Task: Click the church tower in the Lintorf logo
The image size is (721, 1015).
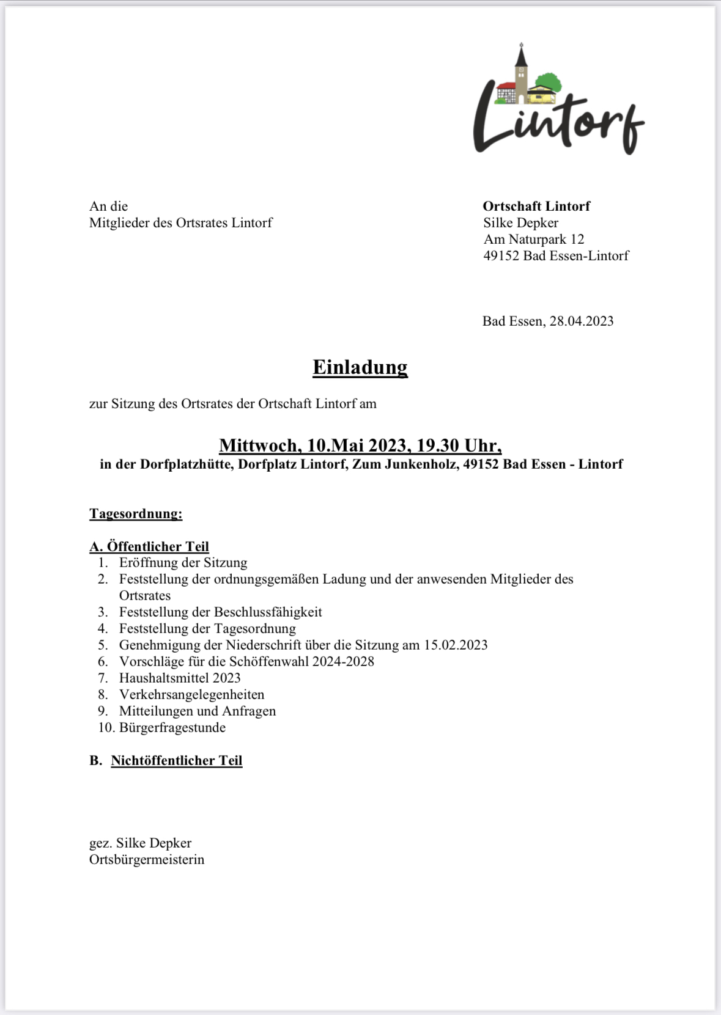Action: click(x=521, y=73)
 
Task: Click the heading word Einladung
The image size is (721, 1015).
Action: click(x=360, y=367)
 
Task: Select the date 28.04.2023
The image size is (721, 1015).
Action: click(x=581, y=321)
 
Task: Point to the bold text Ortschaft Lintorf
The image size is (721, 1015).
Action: click(x=536, y=207)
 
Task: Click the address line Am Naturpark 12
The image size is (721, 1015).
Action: click(x=534, y=240)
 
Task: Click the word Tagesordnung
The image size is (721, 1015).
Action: click(x=136, y=513)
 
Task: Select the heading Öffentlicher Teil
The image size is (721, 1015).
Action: click(x=158, y=546)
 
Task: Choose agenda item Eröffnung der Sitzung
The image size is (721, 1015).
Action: click(x=183, y=563)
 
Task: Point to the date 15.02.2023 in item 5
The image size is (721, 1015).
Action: click(x=456, y=645)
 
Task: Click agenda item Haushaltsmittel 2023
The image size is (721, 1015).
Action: click(x=180, y=678)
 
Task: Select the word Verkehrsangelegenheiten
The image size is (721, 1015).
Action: click(x=191, y=695)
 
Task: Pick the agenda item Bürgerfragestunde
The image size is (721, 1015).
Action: click(x=172, y=728)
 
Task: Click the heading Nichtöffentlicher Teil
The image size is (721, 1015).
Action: click(x=176, y=761)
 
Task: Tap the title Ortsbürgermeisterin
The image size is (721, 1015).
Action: click(x=147, y=860)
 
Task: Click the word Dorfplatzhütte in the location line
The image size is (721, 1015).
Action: click(x=186, y=464)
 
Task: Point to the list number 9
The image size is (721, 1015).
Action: click(x=103, y=711)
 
